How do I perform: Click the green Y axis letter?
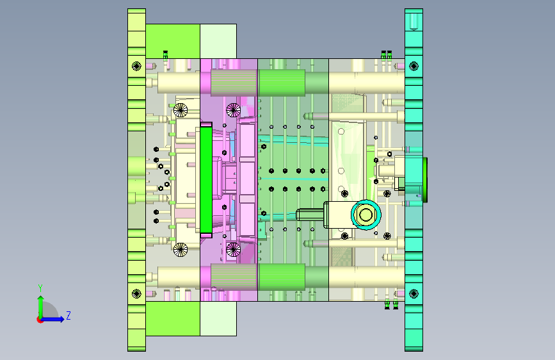point(40,288)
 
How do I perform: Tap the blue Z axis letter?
point(68,315)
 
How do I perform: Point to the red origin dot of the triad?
point(40,320)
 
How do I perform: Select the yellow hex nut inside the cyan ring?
point(366,215)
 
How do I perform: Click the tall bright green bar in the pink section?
point(205,179)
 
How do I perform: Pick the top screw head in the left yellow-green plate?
point(136,66)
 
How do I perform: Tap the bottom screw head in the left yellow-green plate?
point(136,293)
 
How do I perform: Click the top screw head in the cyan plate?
point(414,66)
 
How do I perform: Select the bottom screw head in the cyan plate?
point(414,293)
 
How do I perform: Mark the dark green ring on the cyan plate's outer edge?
point(425,180)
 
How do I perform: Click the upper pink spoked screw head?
point(233,110)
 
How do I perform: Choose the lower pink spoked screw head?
point(233,249)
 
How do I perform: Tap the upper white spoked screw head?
point(181,110)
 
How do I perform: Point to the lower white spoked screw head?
point(181,249)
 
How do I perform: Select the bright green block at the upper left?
point(173,41)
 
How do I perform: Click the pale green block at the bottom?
point(218,318)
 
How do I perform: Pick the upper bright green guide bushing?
point(282,83)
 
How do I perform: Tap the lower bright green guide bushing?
point(282,276)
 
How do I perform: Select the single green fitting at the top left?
point(165,55)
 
